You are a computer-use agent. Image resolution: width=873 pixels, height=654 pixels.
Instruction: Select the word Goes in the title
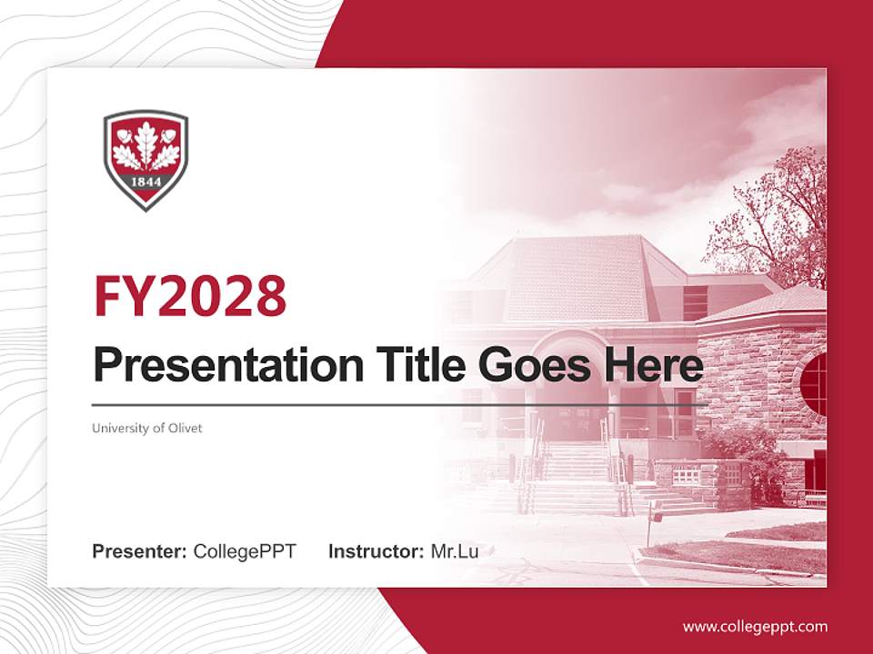(x=530, y=366)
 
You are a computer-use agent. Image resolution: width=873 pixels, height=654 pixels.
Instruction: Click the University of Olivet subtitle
(x=147, y=428)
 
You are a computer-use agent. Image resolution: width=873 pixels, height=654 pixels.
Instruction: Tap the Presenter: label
(x=140, y=551)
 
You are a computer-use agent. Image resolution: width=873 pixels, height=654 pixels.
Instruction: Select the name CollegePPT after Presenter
(x=245, y=551)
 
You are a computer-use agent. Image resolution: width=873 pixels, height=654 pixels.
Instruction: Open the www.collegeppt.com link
(x=755, y=627)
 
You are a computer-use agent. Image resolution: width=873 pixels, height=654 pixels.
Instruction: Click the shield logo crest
(x=145, y=160)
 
